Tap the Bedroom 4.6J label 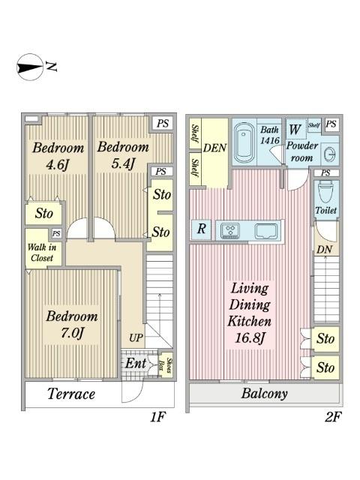(58, 156)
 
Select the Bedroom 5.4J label (123, 155)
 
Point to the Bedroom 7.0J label (72, 325)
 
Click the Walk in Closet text (42, 253)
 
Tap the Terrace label (71, 394)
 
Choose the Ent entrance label (136, 363)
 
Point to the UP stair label (136, 338)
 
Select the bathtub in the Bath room (244, 142)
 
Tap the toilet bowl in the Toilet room (325, 191)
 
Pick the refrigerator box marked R (201, 229)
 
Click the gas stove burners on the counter (230, 230)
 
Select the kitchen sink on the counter (266, 231)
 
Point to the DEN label (215, 148)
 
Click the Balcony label (264, 394)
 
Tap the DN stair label (324, 250)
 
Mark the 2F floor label (333, 417)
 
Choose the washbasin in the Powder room (329, 154)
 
